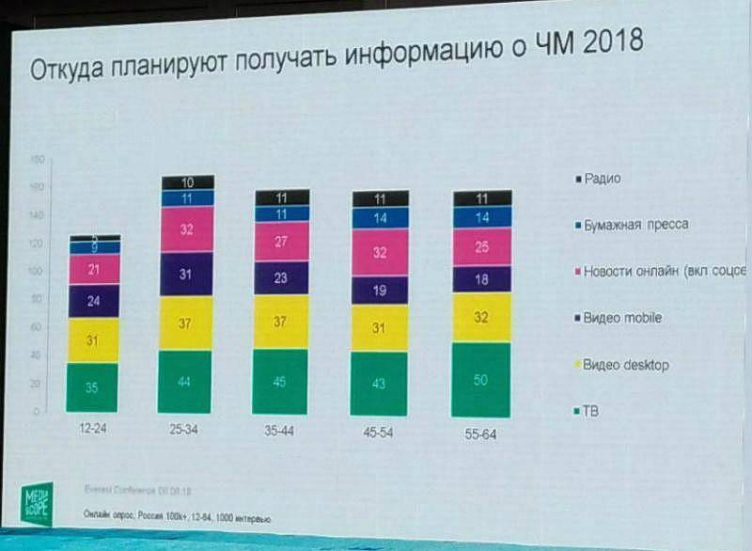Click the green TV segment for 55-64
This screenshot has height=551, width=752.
[481, 380]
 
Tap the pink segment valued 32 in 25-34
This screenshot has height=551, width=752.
[186, 229]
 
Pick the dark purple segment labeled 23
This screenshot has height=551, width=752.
[281, 278]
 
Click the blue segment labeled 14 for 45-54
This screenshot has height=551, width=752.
[380, 217]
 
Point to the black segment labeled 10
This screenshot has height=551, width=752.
[187, 182]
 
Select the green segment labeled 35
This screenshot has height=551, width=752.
[93, 387]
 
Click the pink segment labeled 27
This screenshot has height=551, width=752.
[281, 242]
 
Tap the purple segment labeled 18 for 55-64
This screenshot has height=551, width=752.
[481, 279]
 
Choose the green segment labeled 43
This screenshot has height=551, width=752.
[380, 384]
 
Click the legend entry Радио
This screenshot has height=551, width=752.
[602, 178]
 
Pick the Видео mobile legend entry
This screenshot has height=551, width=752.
[621, 318]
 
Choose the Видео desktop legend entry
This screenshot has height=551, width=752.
[624, 364]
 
